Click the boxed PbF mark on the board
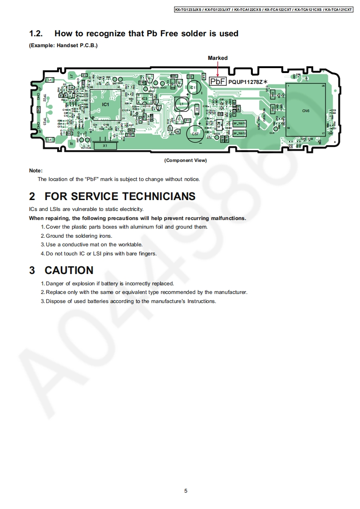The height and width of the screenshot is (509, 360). pyautogui.click(x=217, y=81)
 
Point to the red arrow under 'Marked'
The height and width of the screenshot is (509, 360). pyautogui.click(x=218, y=69)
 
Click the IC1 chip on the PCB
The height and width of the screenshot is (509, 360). pyautogui.click(x=105, y=104)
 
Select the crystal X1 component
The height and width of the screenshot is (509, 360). pyautogui.click(x=105, y=146)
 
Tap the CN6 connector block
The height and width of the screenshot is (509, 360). pyautogui.click(x=306, y=110)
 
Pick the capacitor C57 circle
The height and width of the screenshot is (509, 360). pyautogui.click(x=195, y=133)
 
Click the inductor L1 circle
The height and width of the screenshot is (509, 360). pyautogui.click(x=182, y=104)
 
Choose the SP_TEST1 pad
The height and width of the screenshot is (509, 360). pyautogui.click(x=239, y=123)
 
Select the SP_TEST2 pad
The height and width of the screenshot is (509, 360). pyautogui.click(x=239, y=133)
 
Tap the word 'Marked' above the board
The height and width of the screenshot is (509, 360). pyautogui.click(x=218, y=58)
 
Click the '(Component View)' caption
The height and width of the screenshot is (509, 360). pyautogui.click(x=185, y=160)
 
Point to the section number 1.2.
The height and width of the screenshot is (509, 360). pyautogui.click(x=36, y=34)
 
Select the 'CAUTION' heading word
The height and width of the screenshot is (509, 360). pyautogui.click(x=69, y=270)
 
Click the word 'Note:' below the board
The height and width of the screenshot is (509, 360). pyautogui.click(x=35, y=171)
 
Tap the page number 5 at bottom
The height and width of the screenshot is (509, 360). pyautogui.click(x=186, y=490)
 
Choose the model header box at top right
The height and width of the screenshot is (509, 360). pyautogui.click(x=263, y=9)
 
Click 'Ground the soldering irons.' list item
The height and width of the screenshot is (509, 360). pyautogui.click(x=79, y=236)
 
